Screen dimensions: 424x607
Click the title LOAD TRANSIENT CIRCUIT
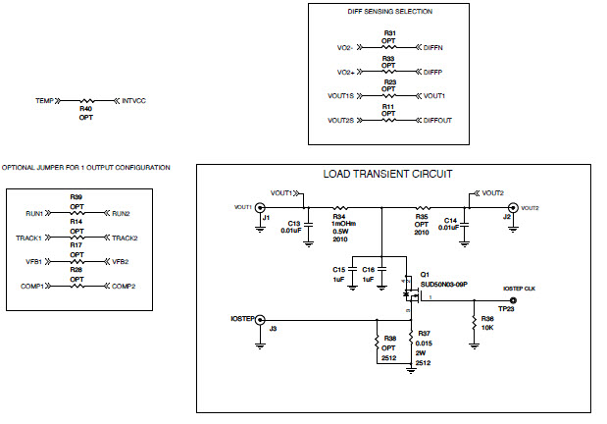387,174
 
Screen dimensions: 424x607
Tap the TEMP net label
43,100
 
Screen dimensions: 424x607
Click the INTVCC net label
134,100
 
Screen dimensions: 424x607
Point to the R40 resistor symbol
88,100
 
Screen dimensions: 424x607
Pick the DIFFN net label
434,47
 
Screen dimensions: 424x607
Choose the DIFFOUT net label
439,120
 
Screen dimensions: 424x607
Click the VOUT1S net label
339,95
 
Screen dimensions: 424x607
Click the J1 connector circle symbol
260,207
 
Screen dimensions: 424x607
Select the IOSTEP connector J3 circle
260,320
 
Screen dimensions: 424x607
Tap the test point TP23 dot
513,301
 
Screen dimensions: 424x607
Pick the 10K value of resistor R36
487,328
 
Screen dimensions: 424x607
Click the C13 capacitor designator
293,222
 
